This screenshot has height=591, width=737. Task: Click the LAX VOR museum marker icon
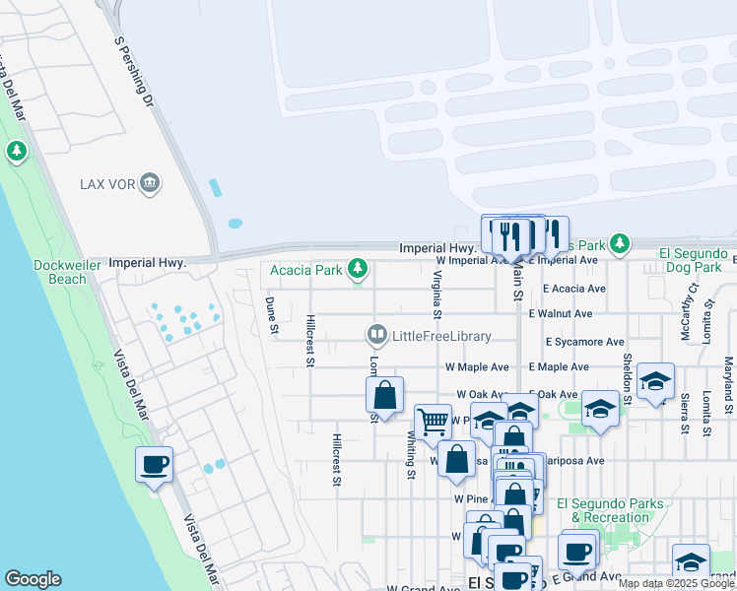pyautogui.click(x=150, y=182)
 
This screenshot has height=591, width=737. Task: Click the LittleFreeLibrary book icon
pyautogui.click(x=376, y=336)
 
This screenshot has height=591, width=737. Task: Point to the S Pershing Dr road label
pyautogui.click(x=135, y=72)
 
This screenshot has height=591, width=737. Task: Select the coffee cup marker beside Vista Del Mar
pyautogui.click(x=154, y=464)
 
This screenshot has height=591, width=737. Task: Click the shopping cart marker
pyautogui.click(x=432, y=422)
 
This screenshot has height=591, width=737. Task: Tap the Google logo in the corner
pyautogui.click(x=33, y=579)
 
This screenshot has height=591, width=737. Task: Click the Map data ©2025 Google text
pyautogui.click(x=676, y=583)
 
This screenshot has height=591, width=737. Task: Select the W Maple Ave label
pyautogui.click(x=477, y=367)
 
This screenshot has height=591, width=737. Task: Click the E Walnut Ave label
pyautogui.click(x=560, y=314)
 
